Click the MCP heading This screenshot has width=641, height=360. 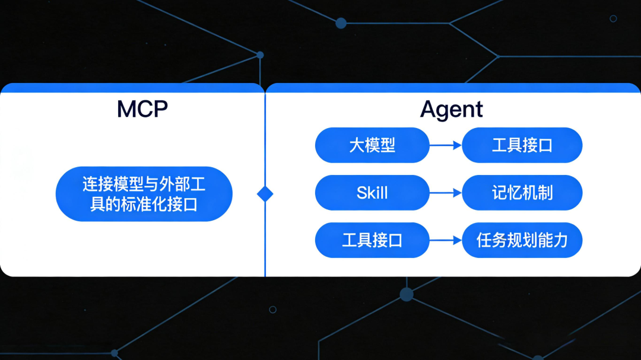click(x=142, y=109)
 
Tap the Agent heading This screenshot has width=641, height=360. click(x=451, y=109)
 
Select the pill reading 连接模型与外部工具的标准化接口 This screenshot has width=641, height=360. click(x=144, y=194)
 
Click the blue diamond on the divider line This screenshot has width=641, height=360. click(x=265, y=194)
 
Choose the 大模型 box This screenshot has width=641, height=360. click(x=372, y=145)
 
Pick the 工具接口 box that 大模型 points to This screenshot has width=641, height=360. click(x=522, y=145)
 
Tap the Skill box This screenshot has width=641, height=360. click(x=372, y=193)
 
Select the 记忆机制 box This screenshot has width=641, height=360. click(x=522, y=193)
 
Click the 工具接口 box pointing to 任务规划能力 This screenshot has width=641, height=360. click(x=372, y=240)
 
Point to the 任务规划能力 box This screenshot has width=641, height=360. click(x=522, y=240)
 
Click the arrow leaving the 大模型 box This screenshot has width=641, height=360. click(x=445, y=145)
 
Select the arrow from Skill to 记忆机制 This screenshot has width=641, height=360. click(x=445, y=193)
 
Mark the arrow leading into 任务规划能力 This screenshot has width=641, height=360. click(x=445, y=240)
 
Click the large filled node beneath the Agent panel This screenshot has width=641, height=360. click(x=407, y=294)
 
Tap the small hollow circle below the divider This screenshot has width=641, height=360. click(x=272, y=309)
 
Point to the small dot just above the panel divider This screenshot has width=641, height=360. click(x=260, y=55)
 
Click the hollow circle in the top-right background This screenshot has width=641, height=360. click(x=613, y=18)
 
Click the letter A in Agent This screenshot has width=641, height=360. click(x=429, y=110)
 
